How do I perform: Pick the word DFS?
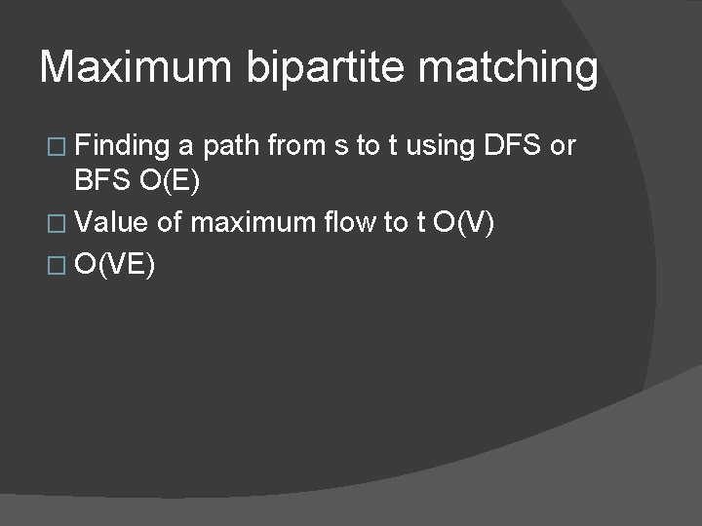pos(511,146)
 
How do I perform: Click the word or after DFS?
pos(564,147)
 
